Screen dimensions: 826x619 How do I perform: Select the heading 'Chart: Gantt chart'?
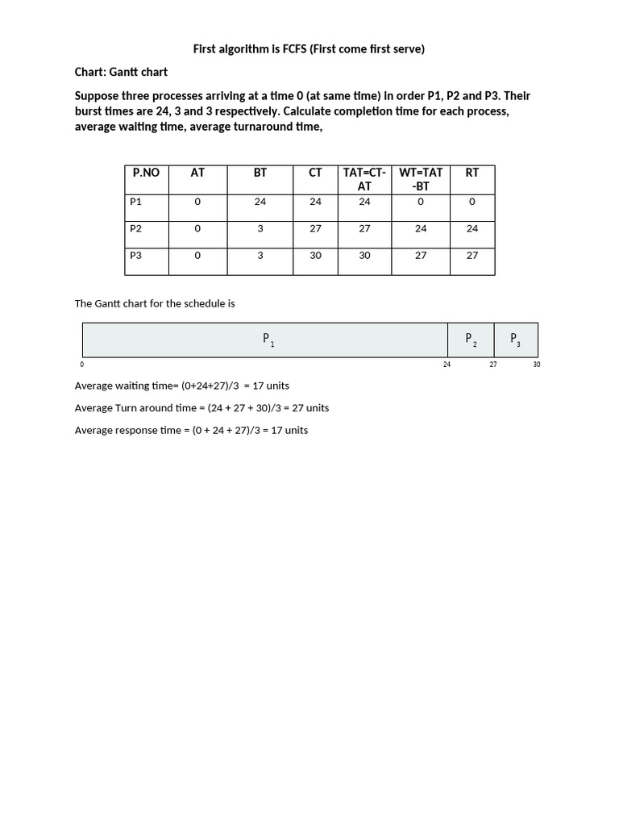click(x=121, y=72)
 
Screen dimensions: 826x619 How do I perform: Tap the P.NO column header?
click(x=147, y=173)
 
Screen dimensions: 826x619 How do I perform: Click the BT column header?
click(x=260, y=173)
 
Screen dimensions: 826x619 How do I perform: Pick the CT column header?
click(x=315, y=173)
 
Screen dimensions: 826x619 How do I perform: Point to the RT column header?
click(x=472, y=173)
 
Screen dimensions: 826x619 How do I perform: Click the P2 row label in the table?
click(x=135, y=228)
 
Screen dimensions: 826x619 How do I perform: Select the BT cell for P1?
click(x=260, y=202)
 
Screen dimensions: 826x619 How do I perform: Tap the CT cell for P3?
click(x=315, y=255)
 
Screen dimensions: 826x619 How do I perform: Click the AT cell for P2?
click(x=197, y=228)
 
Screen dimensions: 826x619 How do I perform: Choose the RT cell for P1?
click(x=472, y=202)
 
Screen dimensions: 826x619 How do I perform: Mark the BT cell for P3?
click(x=260, y=255)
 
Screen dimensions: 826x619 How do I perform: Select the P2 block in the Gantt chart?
click(x=471, y=340)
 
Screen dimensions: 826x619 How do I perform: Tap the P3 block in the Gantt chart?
click(x=515, y=340)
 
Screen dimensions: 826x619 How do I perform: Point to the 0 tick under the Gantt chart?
click(x=82, y=365)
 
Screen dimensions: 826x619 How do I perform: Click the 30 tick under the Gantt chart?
click(x=537, y=365)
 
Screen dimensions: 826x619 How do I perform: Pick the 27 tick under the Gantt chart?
click(x=493, y=365)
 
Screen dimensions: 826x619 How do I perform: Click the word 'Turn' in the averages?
click(x=155, y=407)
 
